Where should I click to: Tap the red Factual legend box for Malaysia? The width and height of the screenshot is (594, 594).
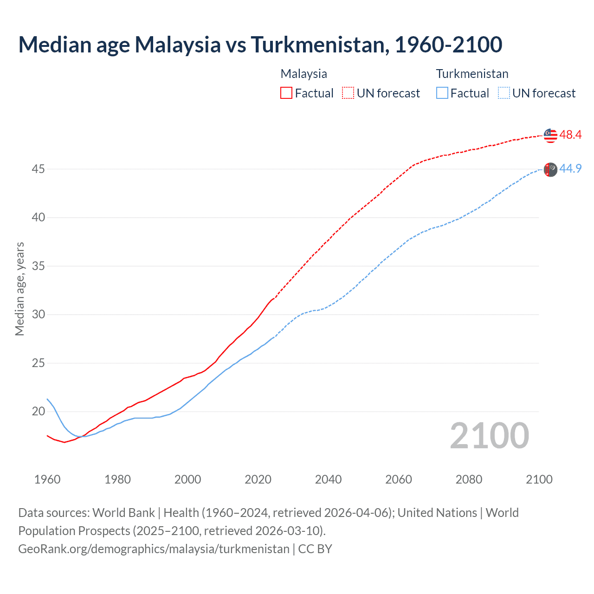(286, 93)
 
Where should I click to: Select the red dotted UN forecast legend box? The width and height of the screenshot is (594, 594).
(348, 93)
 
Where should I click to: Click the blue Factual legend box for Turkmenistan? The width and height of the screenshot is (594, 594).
(442, 93)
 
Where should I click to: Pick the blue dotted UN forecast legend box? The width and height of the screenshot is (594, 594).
(504, 93)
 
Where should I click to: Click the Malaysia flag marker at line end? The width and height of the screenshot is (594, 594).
(550, 135)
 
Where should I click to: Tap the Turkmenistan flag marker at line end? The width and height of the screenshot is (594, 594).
(550, 169)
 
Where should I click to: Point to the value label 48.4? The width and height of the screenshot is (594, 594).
(570, 135)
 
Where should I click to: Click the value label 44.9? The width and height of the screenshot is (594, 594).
(570, 169)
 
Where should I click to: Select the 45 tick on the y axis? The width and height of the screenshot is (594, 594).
(38, 169)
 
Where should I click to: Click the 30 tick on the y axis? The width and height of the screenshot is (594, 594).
(38, 315)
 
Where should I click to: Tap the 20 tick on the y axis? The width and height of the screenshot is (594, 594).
(38, 412)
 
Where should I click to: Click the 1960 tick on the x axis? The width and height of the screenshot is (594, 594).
(47, 479)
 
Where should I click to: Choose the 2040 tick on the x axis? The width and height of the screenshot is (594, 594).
(328, 479)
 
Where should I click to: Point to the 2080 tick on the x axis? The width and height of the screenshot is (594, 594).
(469, 479)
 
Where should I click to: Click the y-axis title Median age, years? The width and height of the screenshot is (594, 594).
(19, 289)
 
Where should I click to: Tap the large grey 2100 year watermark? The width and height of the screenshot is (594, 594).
(489, 436)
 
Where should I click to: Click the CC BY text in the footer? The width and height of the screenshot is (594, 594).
(315, 549)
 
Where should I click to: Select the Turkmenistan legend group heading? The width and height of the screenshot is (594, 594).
(472, 74)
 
